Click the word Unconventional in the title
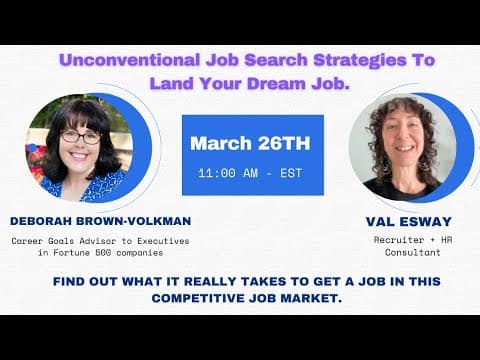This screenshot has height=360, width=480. [x=130, y=60]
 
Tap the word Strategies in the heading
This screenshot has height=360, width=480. [x=360, y=61]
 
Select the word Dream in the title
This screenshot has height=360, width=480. [x=276, y=83]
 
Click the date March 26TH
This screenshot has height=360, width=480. [x=250, y=143]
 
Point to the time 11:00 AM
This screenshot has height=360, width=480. [x=228, y=173]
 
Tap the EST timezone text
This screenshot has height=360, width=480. [x=291, y=173]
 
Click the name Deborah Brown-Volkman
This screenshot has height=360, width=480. [x=101, y=221]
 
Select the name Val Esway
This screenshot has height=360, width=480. [x=409, y=222]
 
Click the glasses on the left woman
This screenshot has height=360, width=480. [x=81, y=137]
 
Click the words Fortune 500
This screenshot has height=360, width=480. [x=82, y=253]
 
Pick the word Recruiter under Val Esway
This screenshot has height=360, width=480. [x=399, y=240]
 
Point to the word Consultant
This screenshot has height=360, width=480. [x=413, y=252]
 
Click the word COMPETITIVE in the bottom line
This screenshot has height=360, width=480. [x=198, y=298]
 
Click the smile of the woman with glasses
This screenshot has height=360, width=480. [x=79, y=155]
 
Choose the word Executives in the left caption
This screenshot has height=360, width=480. [x=163, y=241]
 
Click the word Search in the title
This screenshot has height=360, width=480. [x=276, y=60]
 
